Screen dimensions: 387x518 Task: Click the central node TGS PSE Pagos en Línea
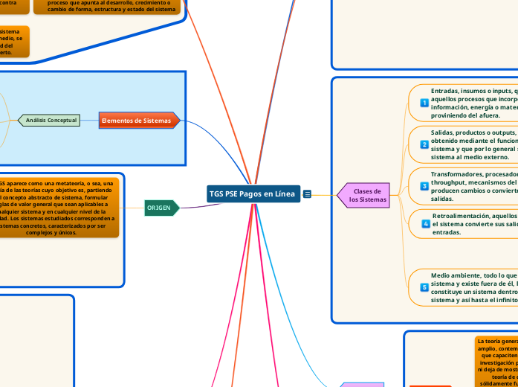click(x=252, y=193)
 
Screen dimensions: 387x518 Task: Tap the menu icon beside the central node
click(x=307, y=194)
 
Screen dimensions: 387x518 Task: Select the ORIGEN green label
click(x=160, y=208)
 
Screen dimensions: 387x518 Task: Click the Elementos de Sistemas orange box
click(x=135, y=120)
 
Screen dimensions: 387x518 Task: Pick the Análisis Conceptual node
click(x=51, y=120)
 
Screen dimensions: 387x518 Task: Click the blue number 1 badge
click(x=424, y=103)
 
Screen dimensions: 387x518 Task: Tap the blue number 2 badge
click(x=424, y=144)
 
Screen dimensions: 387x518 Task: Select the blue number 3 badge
click(x=424, y=186)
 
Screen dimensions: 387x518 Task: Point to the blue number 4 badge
click(x=425, y=223)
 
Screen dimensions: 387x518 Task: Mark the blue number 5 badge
click(x=424, y=287)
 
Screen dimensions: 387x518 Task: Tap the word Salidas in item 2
click(x=444, y=132)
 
